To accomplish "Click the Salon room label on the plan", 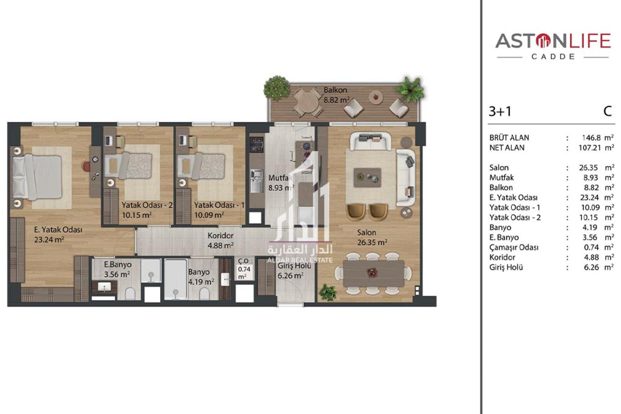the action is (x=366, y=232).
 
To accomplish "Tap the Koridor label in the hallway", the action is (x=220, y=235).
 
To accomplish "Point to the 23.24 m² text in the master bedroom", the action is (x=49, y=240).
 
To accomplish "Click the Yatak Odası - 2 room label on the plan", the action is (x=147, y=205).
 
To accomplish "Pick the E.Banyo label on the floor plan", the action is (x=118, y=265).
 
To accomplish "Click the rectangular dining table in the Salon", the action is (x=374, y=273).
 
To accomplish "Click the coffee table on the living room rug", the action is (x=367, y=177).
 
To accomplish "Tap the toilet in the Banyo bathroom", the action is (x=204, y=294).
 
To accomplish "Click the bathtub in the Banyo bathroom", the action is (x=175, y=279).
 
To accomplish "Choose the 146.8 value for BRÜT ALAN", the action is (x=591, y=138).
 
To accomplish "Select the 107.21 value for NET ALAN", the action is (x=590, y=148).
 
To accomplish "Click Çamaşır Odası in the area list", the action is (x=514, y=247).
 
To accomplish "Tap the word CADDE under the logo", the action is (x=553, y=57).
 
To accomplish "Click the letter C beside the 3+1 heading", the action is (x=608, y=111).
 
